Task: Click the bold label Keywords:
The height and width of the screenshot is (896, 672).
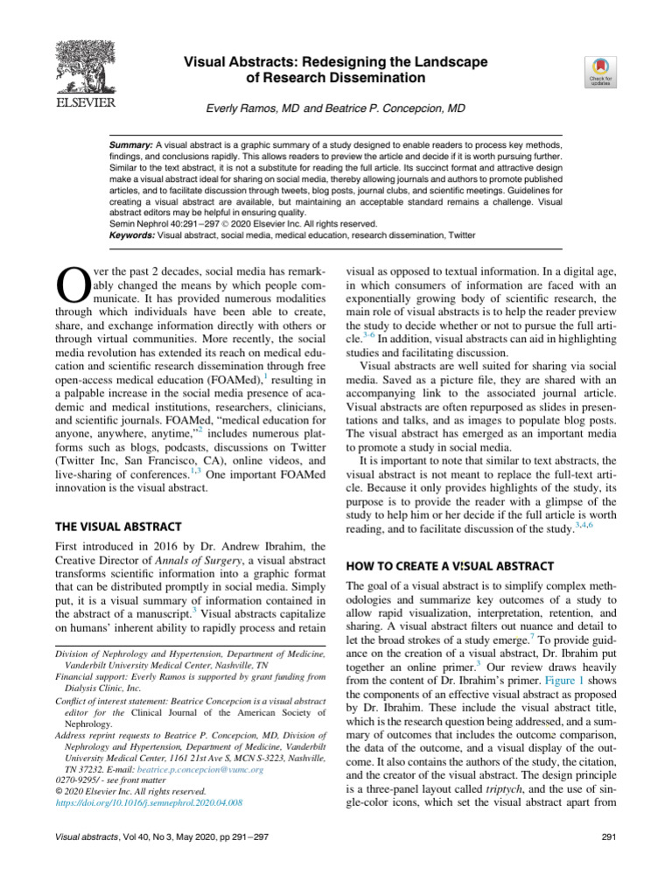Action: coord(134,234)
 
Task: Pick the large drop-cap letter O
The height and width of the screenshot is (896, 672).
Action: coord(69,283)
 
